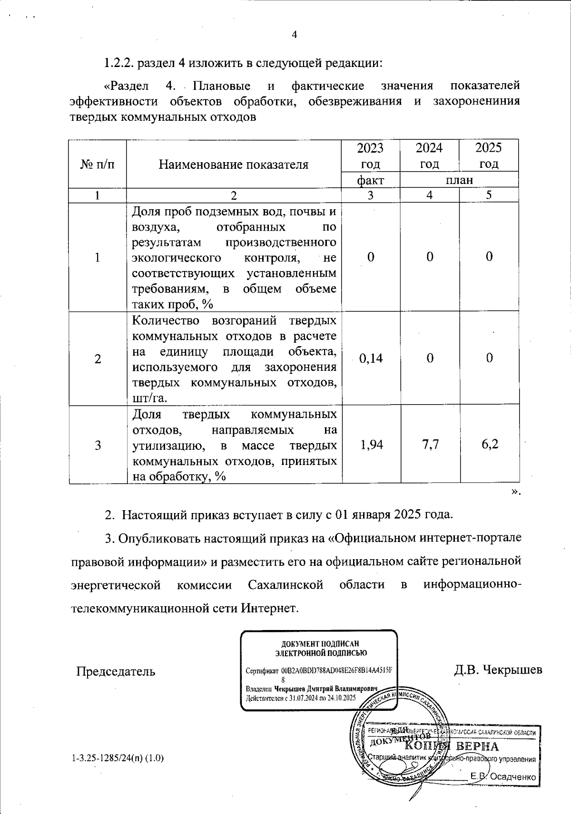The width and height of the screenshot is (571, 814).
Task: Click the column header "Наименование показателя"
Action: click(233, 165)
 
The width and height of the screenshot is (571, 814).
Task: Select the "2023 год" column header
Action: click(370, 155)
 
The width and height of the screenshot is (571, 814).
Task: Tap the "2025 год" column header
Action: click(489, 155)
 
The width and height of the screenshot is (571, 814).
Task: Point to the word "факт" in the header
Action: click(370, 180)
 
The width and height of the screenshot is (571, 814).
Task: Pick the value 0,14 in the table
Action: click(371, 359)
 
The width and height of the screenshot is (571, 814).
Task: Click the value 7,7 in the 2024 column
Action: click(430, 445)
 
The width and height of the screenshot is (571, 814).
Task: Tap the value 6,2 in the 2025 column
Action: click(489, 445)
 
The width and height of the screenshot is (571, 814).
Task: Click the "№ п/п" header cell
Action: click(98, 165)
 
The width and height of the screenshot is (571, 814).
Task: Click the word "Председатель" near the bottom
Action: click(116, 671)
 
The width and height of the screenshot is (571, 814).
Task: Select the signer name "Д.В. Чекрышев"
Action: click(498, 670)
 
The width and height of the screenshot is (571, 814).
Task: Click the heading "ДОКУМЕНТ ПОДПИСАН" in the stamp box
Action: click(319, 644)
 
